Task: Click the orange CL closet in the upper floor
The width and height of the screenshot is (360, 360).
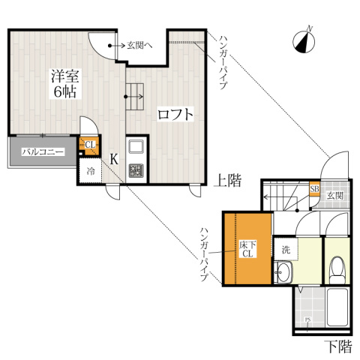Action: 88,145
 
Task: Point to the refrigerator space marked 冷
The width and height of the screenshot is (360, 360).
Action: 89,171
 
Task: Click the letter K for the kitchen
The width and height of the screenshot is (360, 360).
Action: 112,159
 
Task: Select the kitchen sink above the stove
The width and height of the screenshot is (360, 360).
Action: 136,147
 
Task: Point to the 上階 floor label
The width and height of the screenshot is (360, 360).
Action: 228,180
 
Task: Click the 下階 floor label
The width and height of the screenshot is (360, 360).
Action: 337,346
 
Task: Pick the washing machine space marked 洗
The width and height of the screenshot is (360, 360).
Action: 286,248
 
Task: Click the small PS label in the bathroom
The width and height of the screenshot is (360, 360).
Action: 308,323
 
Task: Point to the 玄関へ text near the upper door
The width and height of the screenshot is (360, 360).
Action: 139,46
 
